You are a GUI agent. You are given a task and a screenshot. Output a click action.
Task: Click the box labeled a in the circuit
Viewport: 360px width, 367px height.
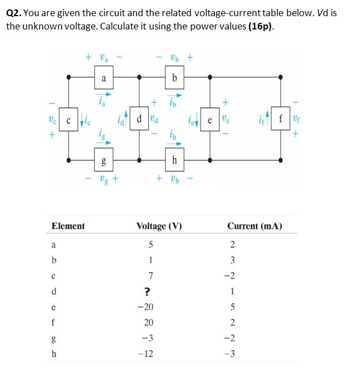click(x=103, y=78)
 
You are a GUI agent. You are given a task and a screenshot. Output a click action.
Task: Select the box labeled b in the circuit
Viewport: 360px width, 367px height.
click(x=174, y=78)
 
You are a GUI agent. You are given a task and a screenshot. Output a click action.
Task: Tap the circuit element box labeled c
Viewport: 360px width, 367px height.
click(x=68, y=120)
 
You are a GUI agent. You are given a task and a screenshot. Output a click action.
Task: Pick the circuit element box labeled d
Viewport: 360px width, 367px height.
click(x=139, y=120)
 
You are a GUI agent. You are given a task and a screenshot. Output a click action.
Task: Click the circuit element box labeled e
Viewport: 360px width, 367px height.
click(x=210, y=120)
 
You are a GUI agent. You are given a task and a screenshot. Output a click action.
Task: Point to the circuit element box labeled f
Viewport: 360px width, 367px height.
click(x=281, y=120)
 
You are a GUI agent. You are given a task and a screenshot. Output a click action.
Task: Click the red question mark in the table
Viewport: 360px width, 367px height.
click(x=148, y=291)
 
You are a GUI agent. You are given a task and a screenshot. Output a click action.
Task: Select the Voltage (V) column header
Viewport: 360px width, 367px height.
click(x=159, y=226)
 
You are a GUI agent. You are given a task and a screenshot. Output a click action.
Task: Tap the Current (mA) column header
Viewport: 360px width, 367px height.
click(x=254, y=226)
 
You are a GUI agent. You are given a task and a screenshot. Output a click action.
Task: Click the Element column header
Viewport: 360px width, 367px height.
click(x=68, y=226)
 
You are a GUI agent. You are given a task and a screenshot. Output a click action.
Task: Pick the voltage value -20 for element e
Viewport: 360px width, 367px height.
click(x=148, y=307)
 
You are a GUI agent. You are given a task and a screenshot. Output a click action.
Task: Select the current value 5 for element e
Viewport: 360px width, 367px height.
click(x=233, y=307)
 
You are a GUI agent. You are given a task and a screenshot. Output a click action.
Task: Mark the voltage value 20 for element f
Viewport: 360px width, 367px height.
click(x=148, y=323)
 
